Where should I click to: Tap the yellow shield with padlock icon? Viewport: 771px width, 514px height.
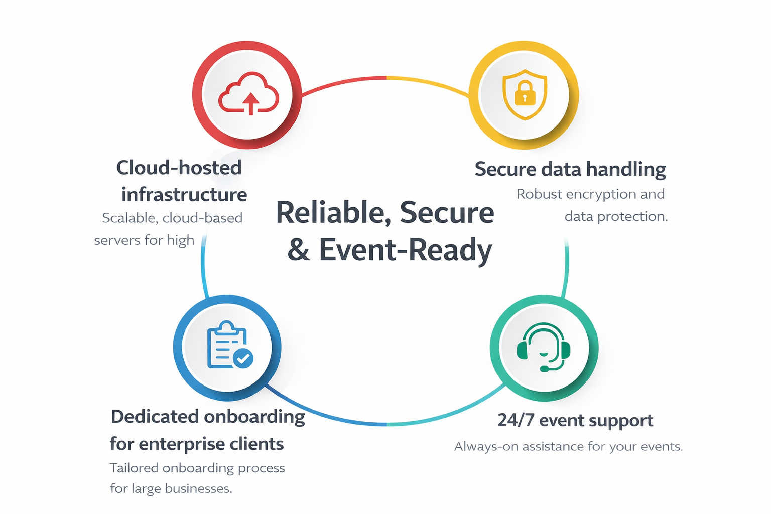click(x=525, y=94)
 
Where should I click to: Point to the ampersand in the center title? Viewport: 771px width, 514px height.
click(x=299, y=250)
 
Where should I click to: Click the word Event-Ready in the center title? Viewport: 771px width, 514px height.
click(x=406, y=250)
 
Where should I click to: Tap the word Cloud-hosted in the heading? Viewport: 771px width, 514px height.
click(x=179, y=168)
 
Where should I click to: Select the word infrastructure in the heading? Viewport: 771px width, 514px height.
click(x=184, y=195)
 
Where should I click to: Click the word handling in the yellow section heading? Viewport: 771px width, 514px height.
click(x=626, y=170)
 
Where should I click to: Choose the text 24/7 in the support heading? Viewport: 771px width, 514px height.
click(x=516, y=420)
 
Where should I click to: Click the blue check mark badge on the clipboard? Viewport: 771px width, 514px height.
click(x=243, y=358)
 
